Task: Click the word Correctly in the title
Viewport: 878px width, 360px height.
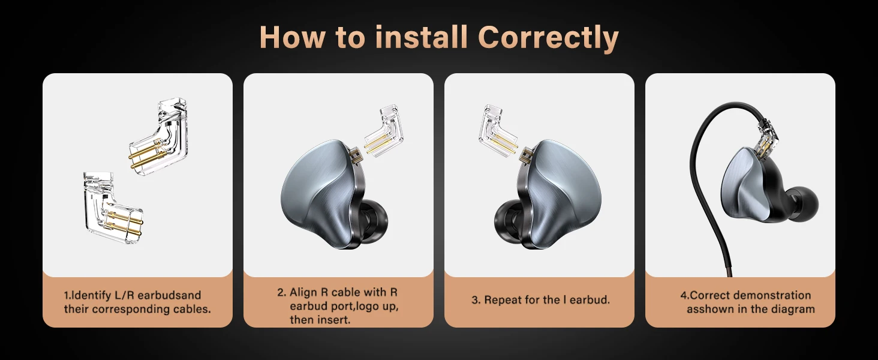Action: pyautogui.click(x=548, y=38)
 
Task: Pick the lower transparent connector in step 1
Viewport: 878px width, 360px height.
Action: pyautogui.click(x=112, y=208)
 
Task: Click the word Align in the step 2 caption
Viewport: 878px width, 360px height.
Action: pyautogui.click(x=303, y=293)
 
